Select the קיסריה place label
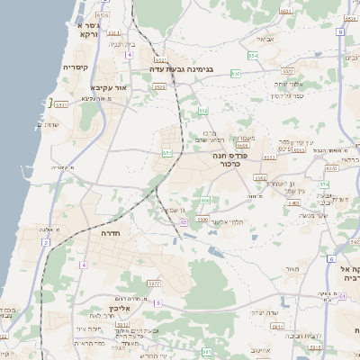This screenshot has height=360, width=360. (x=76, y=68)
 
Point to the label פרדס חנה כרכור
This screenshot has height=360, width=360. (x=230, y=160)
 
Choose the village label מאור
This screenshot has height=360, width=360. (x=291, y=268)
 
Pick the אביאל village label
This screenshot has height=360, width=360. (x=265, y=39)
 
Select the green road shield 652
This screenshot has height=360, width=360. (x=203, y=112)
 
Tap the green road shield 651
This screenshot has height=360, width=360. (x=166, y=154)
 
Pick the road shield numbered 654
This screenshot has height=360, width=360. (x=253, y=56)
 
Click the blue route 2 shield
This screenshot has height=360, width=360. (x=44, y=242)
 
